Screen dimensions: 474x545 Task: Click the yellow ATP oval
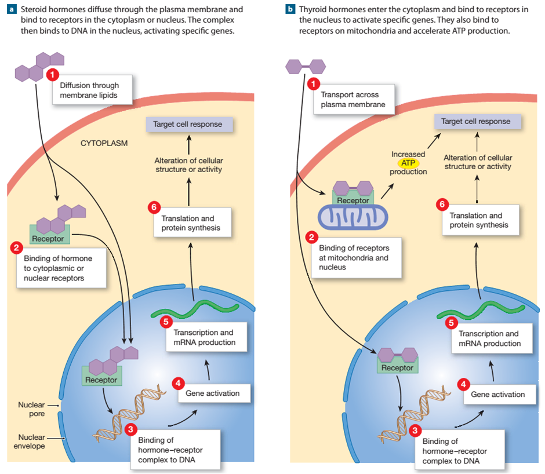click(x=408, y=163)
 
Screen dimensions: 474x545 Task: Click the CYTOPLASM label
click(x=104, y=143)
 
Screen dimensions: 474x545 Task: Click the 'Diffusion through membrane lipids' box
click(x=93, y=90)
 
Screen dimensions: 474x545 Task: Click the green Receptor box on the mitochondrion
click(x=353, y=200)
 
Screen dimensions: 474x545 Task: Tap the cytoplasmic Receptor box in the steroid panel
click(x=48, y=238)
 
